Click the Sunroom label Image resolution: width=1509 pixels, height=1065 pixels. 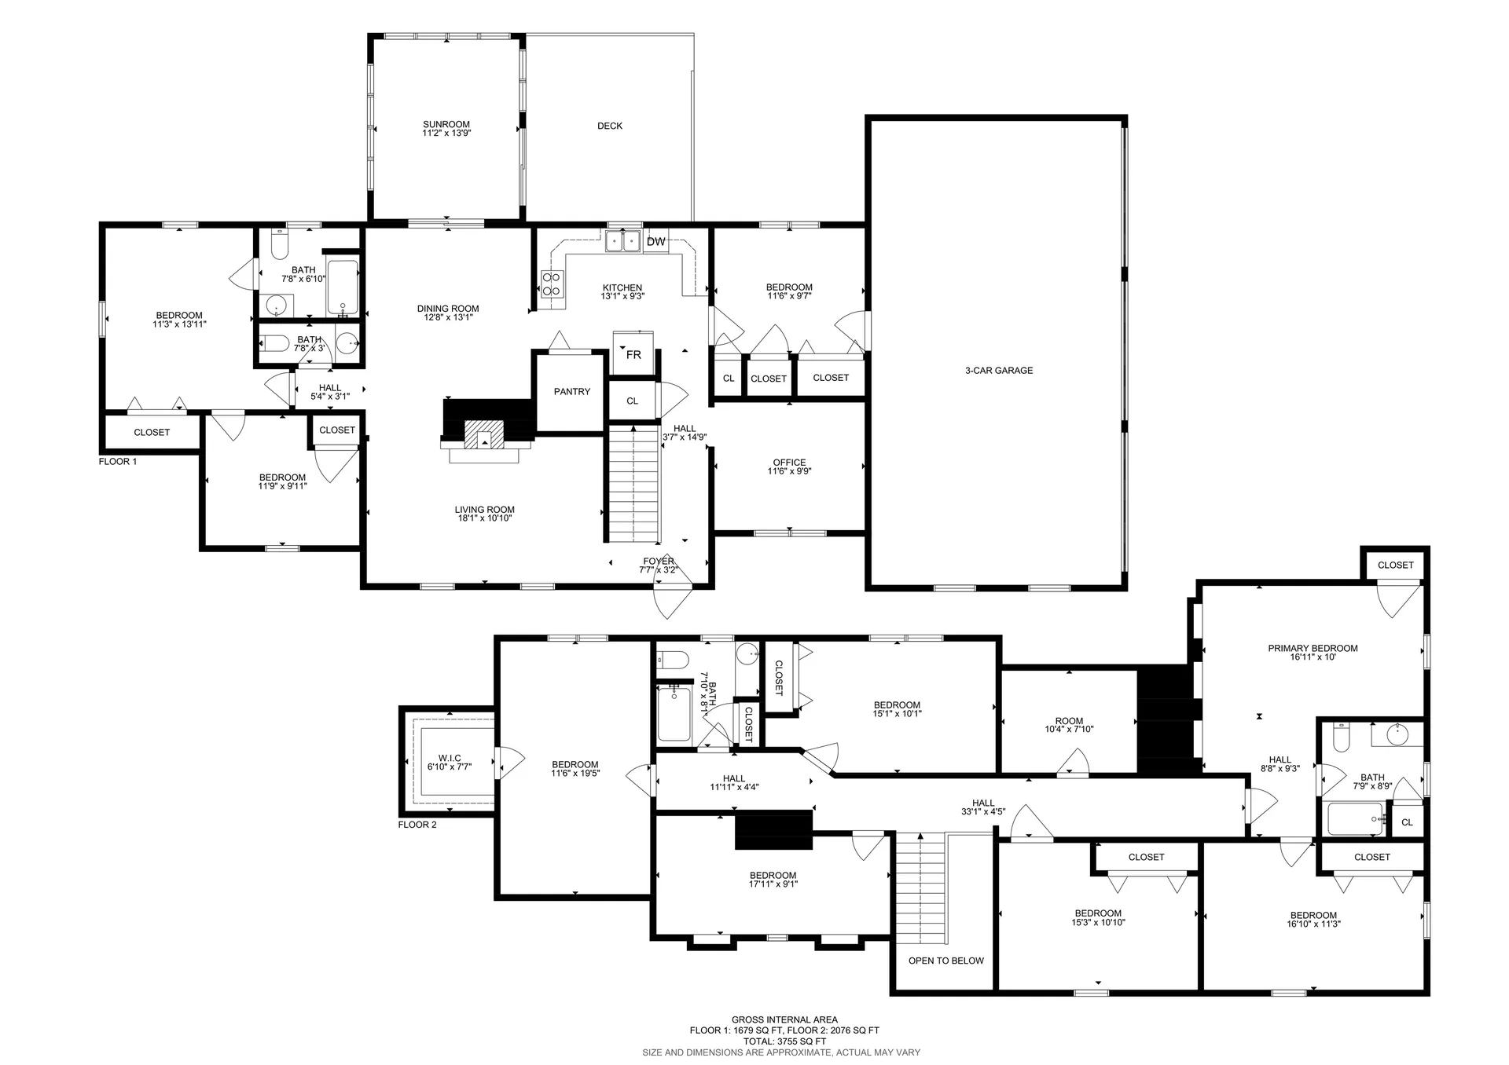click(x=446, y=125)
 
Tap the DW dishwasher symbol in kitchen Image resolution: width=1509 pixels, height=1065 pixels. click(x=655, y=242)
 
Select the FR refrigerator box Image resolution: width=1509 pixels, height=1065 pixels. click(x=633, y=354)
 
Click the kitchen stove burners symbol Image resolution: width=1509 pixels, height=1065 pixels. click(x=552, y=283)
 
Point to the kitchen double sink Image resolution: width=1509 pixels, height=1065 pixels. click(x=622, y=240)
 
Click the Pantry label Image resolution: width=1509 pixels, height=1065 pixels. click(x=571, y=391)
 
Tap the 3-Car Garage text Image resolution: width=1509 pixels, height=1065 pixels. click(x=998, y=371)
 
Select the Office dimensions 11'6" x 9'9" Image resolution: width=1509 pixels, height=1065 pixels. click(x=789, y=472)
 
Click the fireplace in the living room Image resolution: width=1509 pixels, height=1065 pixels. click(x=484, y=434)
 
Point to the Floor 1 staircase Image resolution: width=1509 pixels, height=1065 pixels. click(x=633, y=484)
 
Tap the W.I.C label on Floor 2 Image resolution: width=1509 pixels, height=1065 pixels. click(x=450, y=758)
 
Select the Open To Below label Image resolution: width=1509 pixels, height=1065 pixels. click(x=945, y=961)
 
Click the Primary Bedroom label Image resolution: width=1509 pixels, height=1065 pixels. click(x=1313, y=649)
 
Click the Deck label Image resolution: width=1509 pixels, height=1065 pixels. click(x=610, y=126)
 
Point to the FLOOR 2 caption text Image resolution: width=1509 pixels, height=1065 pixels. click(x=417, y=825)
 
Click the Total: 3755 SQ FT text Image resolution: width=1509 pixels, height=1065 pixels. click(x=784, y=1041)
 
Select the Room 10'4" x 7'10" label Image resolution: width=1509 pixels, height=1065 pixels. click(x=1069, y=725)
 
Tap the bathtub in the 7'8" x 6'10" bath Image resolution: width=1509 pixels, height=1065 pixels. click(x=343, y=287)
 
